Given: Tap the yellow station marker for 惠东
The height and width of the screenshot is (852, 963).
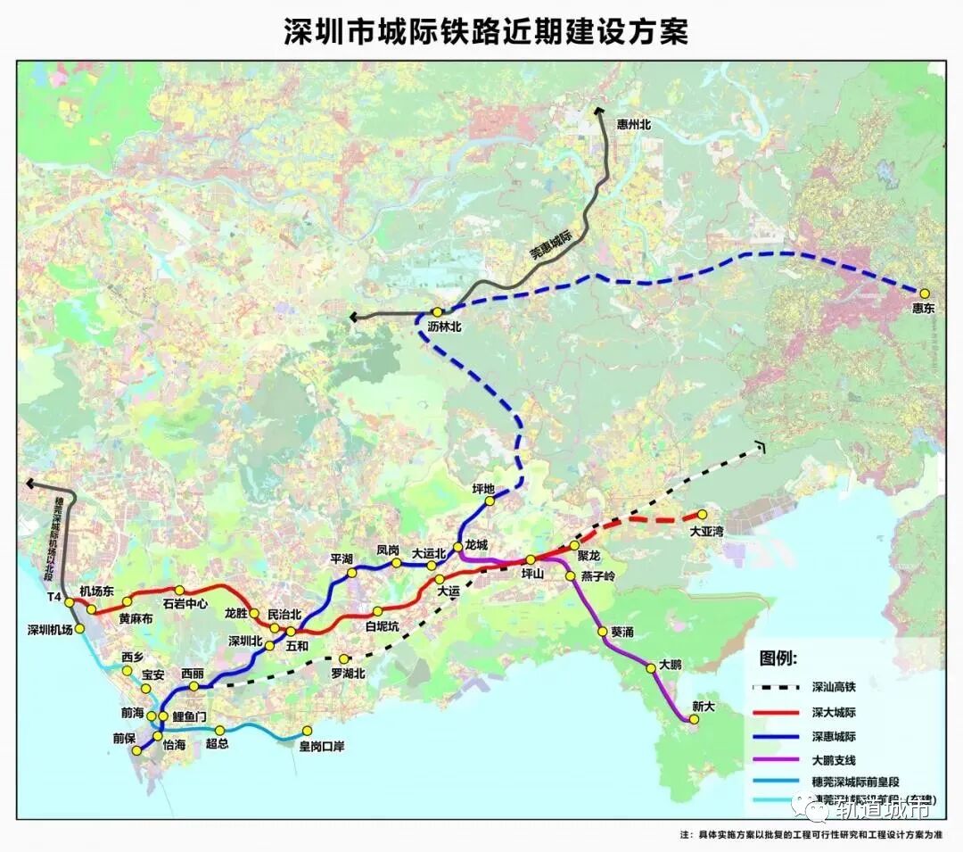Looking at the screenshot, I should click(925, 293).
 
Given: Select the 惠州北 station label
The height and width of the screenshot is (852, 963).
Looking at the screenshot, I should click(634, 125).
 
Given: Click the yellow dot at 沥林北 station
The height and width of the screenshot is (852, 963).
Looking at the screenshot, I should click(437, 312).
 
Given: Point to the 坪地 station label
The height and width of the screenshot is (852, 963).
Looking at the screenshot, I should click(483, 488).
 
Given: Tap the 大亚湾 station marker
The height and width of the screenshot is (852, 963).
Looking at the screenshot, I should click(702, 514).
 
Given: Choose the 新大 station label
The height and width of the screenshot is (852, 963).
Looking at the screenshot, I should click(704, 707).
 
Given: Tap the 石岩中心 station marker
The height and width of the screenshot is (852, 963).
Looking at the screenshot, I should click(179, 590).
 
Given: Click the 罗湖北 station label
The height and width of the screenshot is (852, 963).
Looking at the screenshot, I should click(348, 674).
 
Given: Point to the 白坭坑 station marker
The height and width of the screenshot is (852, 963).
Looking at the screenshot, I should click(377, 611).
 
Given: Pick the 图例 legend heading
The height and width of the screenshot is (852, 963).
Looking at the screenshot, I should click(778, 658).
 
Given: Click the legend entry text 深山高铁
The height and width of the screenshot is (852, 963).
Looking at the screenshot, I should click(834, 688).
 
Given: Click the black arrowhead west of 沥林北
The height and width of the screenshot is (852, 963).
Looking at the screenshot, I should click(354, 317).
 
